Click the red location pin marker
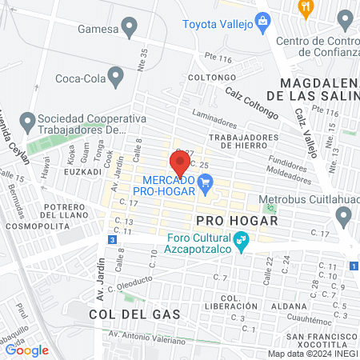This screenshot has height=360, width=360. point(181,162)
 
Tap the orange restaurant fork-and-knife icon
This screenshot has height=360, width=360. point(305,7)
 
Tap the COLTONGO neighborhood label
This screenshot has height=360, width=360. point(209,77)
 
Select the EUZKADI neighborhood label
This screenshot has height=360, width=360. point(83,171)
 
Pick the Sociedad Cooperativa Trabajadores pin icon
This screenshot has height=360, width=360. point(27,123)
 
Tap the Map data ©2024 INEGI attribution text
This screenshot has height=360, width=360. point(313,354)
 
